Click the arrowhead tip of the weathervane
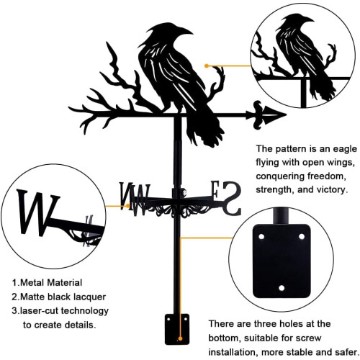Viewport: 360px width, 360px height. click(287, 114)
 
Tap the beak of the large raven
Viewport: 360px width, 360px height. click(185, 32)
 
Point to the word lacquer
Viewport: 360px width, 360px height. click(89, 297)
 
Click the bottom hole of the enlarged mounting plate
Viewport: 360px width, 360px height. click(282, 288)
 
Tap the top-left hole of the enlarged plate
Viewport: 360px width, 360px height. click(261, 237)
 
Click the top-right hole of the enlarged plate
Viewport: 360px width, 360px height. click(302, 237)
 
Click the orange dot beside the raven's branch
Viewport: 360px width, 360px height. click(207, 66)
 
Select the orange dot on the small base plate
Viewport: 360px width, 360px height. click(180, 338)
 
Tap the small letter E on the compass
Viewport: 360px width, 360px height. click(215, 189)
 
